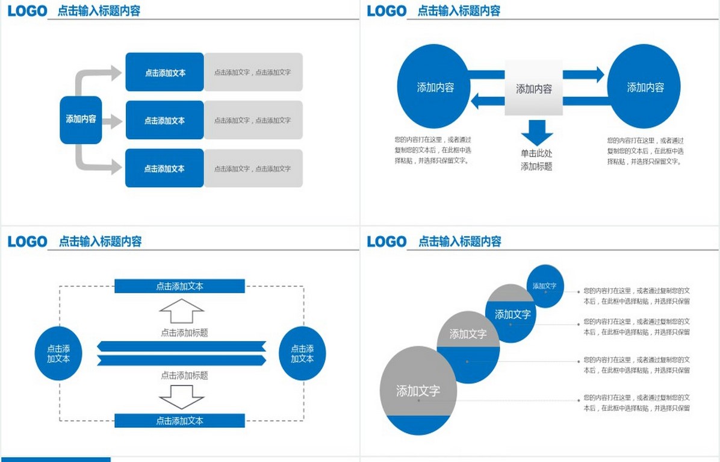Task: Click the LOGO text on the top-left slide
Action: [27, 10]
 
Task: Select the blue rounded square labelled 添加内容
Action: [81, 119]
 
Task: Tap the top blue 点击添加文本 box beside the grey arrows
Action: [164, 72]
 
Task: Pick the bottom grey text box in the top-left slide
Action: [253, 169]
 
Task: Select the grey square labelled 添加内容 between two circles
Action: [533, 89]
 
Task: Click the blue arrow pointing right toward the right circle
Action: [583, 75]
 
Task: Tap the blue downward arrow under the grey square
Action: [536, 131]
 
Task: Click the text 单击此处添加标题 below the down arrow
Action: [536, 160]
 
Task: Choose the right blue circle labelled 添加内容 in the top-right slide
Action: [644, 87]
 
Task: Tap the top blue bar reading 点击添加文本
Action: [179, 286]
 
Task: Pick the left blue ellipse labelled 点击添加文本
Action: [58, 354]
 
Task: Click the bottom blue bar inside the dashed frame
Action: [179, 420]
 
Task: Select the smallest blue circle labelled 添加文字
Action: [545, 286]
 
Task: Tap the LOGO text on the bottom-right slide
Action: [386, 242]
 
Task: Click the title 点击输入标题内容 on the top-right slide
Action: [459, 10]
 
